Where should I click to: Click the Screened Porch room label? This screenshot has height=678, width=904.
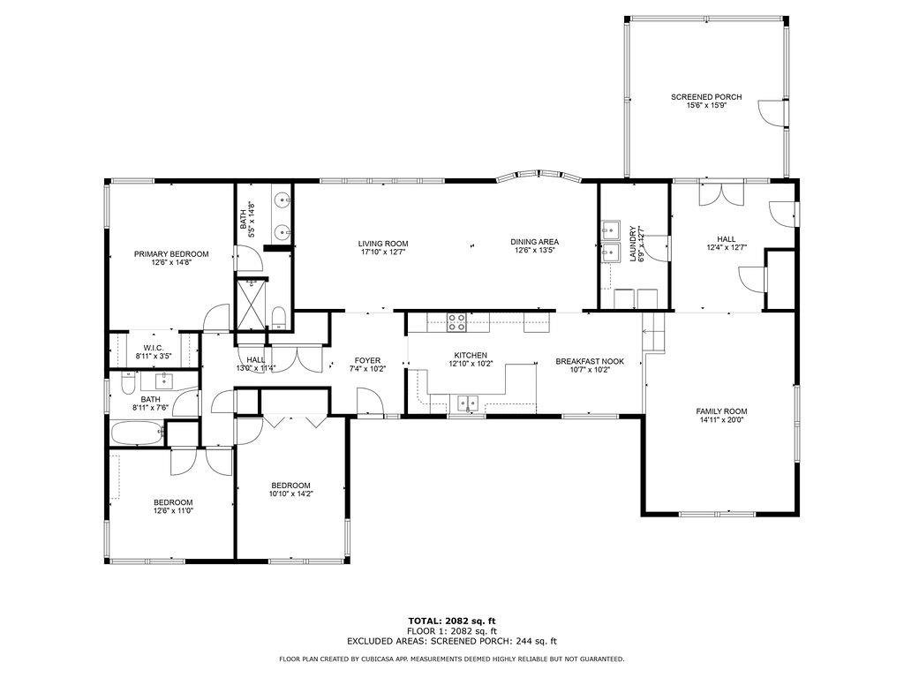705,97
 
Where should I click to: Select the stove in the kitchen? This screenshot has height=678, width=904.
456,322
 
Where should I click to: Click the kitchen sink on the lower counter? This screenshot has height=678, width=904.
466,404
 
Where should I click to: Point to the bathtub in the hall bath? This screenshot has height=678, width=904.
137,433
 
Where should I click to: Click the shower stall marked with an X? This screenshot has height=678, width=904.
252,305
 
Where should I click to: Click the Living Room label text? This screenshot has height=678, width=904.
383,244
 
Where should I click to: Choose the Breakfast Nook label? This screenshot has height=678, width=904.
590,361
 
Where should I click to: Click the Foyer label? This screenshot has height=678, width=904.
367,360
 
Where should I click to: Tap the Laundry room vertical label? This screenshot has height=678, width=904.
632,244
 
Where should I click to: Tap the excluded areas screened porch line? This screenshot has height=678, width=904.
451,642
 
